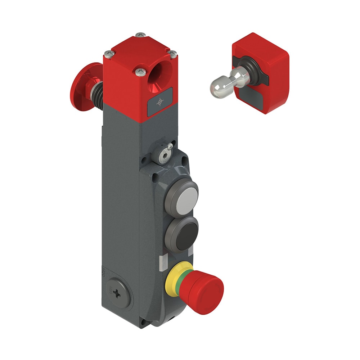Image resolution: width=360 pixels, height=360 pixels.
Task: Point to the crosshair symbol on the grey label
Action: [159, 104]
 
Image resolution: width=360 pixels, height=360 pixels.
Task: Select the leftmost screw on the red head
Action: [108, 54]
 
